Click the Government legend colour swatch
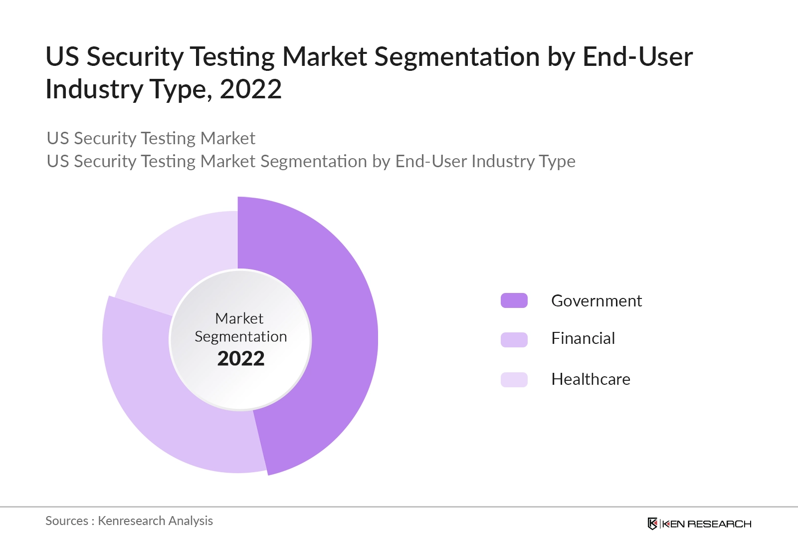514,300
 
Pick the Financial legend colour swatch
514,339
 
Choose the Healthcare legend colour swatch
514,379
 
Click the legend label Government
596,300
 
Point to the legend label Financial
583,338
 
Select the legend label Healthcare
591,379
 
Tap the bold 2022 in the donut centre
240,358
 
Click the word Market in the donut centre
239,318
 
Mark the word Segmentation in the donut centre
240,337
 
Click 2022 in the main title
250,89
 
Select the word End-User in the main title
637,56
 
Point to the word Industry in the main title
94,89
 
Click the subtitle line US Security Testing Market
151,138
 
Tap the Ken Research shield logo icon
652,524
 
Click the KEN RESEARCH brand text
706,524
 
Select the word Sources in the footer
67,521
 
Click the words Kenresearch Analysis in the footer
155,521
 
